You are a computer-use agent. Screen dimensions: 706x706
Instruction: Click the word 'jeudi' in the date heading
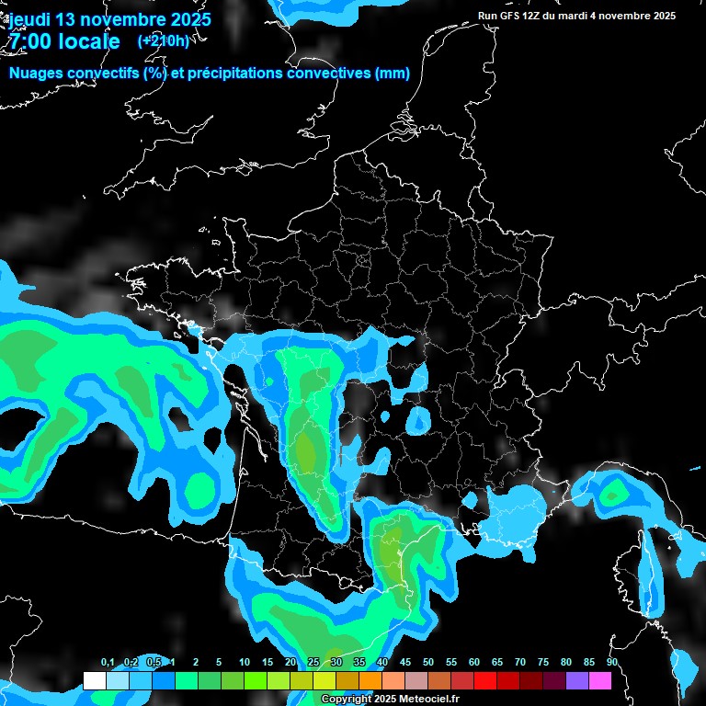(x=30, y=19)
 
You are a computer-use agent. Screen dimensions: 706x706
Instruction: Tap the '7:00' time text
(x=30, y=41)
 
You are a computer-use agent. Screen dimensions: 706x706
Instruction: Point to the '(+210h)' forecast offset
(x=163, y=40)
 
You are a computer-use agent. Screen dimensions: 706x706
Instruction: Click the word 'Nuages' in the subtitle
(x=38, y=74)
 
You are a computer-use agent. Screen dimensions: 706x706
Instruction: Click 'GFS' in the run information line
(x=513, y=16)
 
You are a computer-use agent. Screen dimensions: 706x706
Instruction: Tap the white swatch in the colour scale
(x=94, y=681)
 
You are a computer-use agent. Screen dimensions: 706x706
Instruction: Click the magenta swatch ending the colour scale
(x=600, y=681)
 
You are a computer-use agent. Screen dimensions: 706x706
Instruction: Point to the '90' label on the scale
(x=612, y=663)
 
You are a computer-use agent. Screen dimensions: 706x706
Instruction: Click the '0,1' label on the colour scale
(x=107, y=663)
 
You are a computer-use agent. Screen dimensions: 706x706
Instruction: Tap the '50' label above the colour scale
(x=428, y=663)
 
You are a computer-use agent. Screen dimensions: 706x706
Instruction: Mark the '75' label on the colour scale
(x=543, y=663)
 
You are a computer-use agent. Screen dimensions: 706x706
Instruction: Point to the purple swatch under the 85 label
(x=577, y=681)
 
